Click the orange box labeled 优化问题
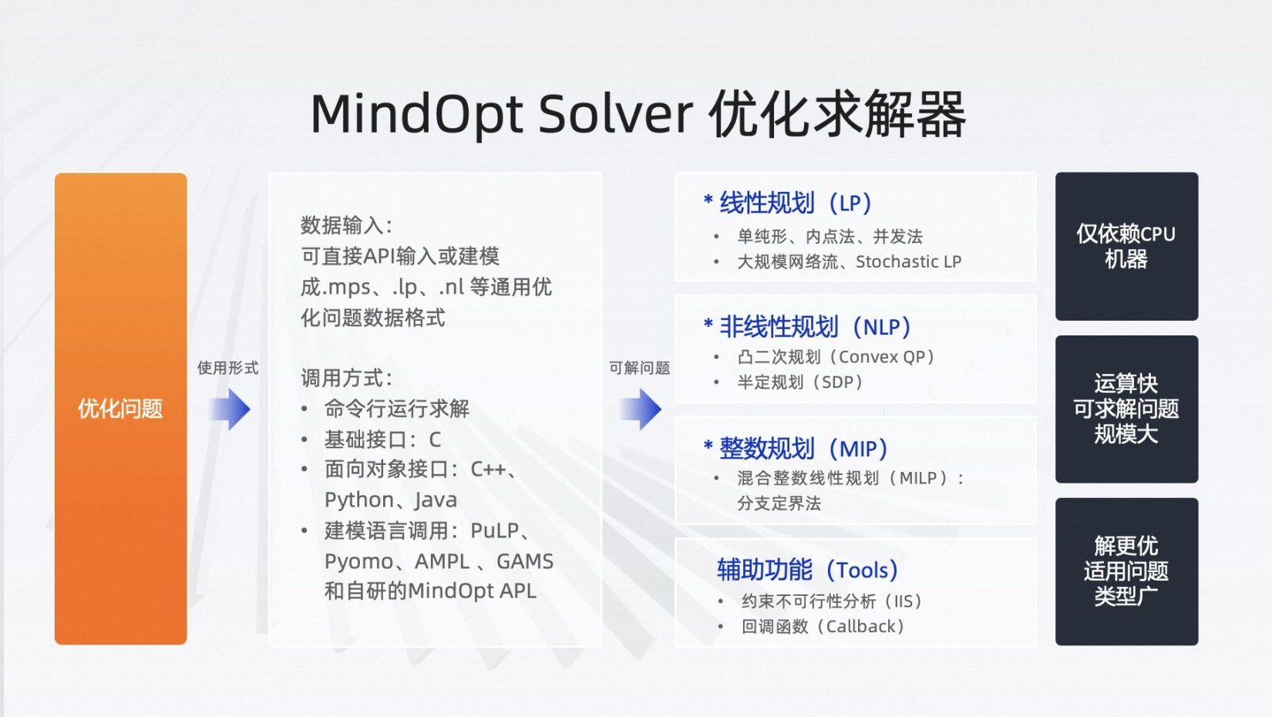120,409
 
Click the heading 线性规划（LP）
794,204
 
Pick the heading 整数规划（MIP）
802,448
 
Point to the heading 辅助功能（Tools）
806,570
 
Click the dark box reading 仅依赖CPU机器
1126,246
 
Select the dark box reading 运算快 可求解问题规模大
1126,409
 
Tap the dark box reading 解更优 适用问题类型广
1126,571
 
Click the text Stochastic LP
908,261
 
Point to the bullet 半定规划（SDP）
799,382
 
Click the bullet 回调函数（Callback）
823,626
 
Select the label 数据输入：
346,225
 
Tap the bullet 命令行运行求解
396,409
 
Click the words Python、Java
390,500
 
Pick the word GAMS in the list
524,561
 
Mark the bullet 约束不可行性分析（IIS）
831,601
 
